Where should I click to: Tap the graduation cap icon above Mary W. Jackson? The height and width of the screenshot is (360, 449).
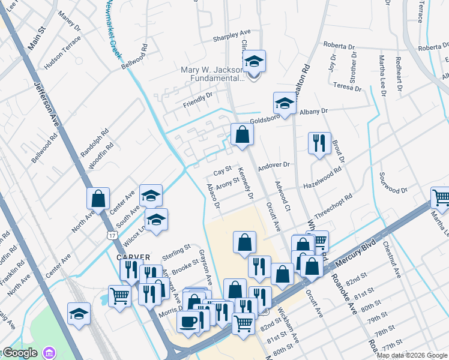[253, 62]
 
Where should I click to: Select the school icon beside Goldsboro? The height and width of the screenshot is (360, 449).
[284, 103]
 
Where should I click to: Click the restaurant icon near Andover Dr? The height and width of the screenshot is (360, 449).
[318, 143]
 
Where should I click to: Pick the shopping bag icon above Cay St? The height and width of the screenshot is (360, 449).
[241, 135]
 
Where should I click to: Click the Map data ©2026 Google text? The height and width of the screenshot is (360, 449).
[412, 355]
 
